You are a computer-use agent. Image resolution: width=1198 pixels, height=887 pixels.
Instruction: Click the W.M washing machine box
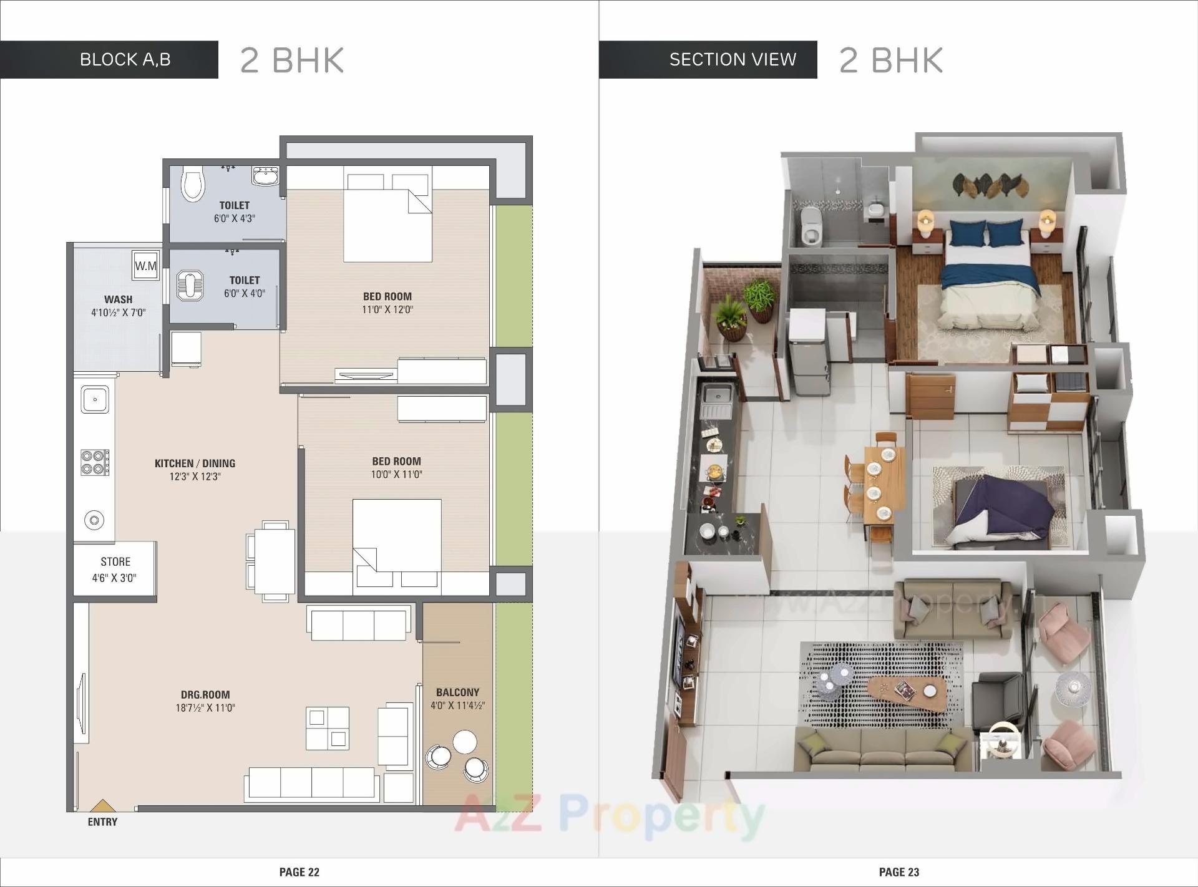tap(146, 266)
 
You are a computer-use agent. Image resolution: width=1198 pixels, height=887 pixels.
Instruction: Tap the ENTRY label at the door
tap(102, 822)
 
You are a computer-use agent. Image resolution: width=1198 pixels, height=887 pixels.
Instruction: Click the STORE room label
tap(115, 561)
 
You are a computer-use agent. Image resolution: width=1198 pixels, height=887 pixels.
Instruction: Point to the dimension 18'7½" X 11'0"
tap(205, 707)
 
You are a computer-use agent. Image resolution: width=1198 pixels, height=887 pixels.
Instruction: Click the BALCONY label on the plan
tap(457, 692)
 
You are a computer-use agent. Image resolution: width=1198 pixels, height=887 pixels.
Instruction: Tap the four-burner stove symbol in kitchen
tap(94, 462)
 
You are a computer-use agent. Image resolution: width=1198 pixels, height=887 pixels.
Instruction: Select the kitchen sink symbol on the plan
tap(95, 399)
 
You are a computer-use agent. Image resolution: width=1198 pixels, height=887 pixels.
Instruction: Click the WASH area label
tap(118, 299)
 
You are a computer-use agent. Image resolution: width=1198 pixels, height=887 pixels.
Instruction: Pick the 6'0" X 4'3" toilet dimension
tap(234, 218)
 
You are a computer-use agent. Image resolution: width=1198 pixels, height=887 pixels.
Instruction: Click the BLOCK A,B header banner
tap(125, 59)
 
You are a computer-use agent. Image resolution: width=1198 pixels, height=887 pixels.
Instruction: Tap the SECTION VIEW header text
tap(733, 59)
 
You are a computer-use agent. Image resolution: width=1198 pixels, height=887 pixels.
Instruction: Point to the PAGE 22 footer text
tap(299, 872)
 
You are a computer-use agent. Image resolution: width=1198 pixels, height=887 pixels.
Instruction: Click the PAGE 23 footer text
tap(898, 872)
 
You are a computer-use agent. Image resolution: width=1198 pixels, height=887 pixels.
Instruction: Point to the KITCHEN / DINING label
tap(195, 463)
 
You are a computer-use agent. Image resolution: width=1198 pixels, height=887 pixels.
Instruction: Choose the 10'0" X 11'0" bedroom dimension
tap(396, 474)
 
